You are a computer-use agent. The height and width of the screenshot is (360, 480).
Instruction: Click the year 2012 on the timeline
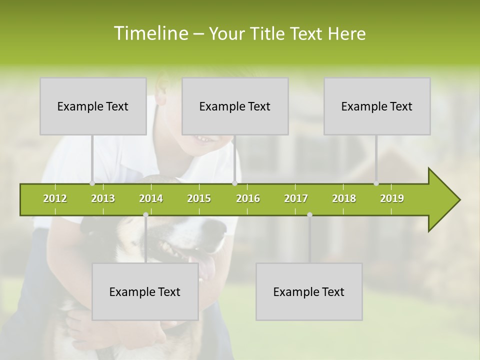pos(55,198)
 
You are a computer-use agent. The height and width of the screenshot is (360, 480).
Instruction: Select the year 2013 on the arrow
pos(103,198)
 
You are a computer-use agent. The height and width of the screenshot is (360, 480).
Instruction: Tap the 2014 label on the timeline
pos(151,198)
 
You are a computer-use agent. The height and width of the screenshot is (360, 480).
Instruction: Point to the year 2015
pos(199,198)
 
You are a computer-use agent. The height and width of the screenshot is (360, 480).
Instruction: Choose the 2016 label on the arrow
pos(248,198)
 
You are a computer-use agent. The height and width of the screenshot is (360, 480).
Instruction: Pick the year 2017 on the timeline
pos(296,198)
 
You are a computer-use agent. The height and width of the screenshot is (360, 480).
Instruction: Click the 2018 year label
pos(344,198)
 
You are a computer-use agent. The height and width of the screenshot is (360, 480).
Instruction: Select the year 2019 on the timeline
pos(392,198)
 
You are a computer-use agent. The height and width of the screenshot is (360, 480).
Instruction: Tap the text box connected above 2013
pos(93,106)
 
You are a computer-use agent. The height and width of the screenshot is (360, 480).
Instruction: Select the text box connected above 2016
pos(235,106)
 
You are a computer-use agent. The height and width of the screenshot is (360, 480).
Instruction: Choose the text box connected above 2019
pos(377,106)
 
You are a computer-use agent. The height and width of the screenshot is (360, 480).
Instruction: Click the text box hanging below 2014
pos(145,292)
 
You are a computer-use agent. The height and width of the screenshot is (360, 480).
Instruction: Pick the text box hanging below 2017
pos(309,292)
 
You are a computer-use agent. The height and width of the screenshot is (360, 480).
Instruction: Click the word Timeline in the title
pos(150,33)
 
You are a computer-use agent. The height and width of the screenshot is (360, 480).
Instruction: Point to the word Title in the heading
pos(269,33)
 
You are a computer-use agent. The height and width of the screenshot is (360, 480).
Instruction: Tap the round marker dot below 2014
pos(145,214)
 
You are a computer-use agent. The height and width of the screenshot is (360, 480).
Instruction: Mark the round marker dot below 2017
pos(309,214)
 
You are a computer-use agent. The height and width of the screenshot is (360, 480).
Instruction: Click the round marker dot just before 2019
pos(376,183)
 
